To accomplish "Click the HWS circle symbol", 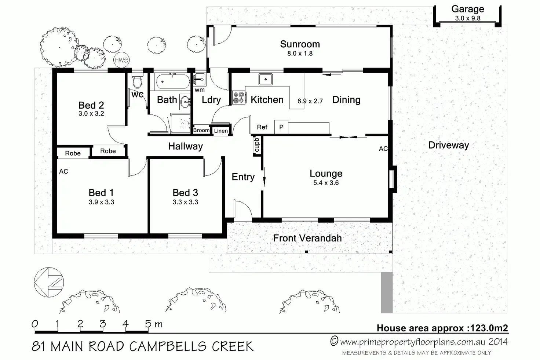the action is pos(121,60).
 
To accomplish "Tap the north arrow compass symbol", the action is pos(49,282).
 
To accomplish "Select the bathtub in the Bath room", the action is pos(173,81).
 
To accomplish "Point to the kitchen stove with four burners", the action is pos(239,97).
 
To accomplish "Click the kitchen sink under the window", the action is pos(266,79).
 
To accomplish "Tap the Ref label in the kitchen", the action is pos(262,127).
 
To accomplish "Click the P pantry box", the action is pos(281,127).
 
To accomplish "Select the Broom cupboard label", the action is pos(201,130).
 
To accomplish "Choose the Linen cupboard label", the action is pos(221,131).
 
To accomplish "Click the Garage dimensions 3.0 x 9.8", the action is pos(468,18).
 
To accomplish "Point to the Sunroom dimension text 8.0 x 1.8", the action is pos(300,53).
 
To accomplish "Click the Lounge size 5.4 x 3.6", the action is pos(326,183).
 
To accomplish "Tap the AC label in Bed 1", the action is pos(63,171).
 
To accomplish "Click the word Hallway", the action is pos(185,146).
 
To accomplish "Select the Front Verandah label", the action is pos(307,238).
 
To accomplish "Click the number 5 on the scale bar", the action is pos(148,324).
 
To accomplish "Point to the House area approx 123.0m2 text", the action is pos(442,328).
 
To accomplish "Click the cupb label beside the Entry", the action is pos(257,145).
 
